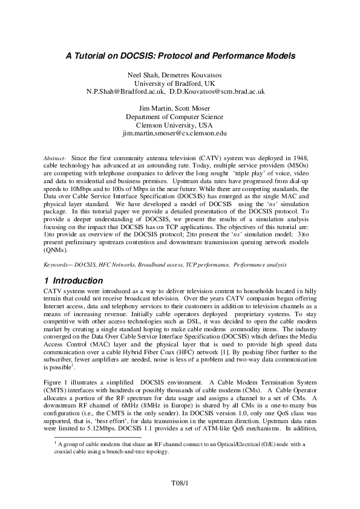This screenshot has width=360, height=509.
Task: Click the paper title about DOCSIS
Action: coord(180,56)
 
